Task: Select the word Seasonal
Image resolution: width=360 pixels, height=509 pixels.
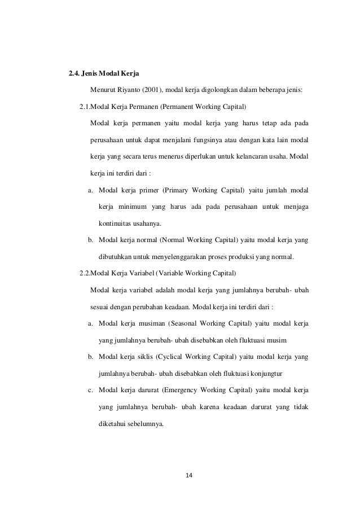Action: pos(184,324)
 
